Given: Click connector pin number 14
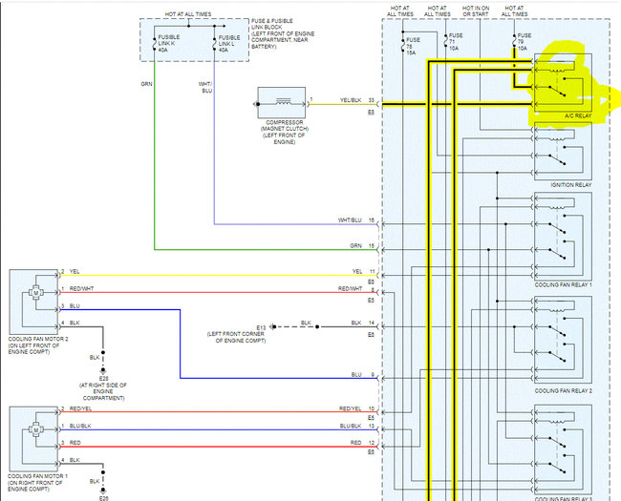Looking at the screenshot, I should pos(372,324).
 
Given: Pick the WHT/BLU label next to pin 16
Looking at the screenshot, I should pos(351,220).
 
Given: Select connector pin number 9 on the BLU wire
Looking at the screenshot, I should pos(372,375).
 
